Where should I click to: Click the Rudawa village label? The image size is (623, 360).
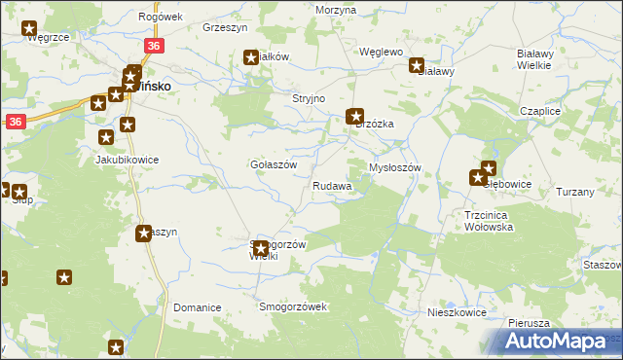click(332, 186)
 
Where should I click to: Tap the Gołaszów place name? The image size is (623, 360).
click(273, 164)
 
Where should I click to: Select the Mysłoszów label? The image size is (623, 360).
click(394, 167)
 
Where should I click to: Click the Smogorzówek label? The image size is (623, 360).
click(292, 306)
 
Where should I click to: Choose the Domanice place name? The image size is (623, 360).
click(198, 307)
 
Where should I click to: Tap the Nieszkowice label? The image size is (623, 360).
click(457, 313)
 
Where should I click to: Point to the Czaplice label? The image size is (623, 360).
click(540, 112)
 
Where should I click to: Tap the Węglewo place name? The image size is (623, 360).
click(381, 52)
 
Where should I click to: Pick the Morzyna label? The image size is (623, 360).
click(336, 9)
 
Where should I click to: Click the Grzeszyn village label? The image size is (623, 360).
click(221, 28)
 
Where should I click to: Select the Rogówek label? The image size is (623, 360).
click(161, 18)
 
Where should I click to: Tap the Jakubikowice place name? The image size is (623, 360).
click(127, 160)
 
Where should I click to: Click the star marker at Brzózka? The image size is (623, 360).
click(356, 117)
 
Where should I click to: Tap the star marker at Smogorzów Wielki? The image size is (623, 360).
click(260, 248)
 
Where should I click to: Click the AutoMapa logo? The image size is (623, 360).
click(561, 341)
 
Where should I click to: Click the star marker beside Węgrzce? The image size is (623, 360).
click(29, 29)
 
